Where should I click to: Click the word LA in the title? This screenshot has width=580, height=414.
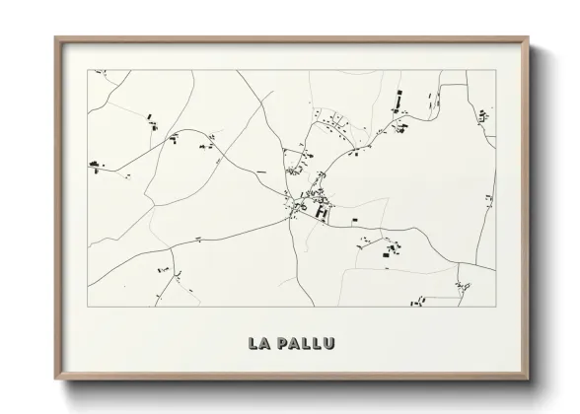(x=259, y=343)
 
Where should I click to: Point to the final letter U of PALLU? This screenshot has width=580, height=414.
(x=328, y=343)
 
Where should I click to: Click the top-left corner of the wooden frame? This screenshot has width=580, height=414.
(x=55, y=37)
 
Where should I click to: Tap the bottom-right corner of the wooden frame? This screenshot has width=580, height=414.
(x=530, y=379)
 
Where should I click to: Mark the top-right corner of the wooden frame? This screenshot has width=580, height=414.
(x=530, y=37)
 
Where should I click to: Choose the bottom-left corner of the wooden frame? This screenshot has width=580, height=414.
(x=55, y=379)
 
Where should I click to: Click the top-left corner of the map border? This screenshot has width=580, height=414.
(x=88, y=70)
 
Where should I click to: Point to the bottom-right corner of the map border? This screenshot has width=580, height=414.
(x=495, y=307)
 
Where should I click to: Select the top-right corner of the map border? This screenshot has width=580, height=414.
(x=495, y=70)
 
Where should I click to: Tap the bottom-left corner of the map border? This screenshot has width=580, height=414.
(x=88, y=307)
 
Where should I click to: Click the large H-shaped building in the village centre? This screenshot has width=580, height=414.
(x=321, y=210)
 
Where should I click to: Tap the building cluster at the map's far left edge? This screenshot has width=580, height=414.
(x=96, y=164)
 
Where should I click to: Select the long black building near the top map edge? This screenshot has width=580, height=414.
(x=399, y=99)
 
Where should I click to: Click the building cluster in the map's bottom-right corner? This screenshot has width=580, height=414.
(x=463, y=287)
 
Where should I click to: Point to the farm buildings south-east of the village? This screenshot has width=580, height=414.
(x=390, y=250)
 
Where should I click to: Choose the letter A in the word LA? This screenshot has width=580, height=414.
(x=266, y=343)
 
